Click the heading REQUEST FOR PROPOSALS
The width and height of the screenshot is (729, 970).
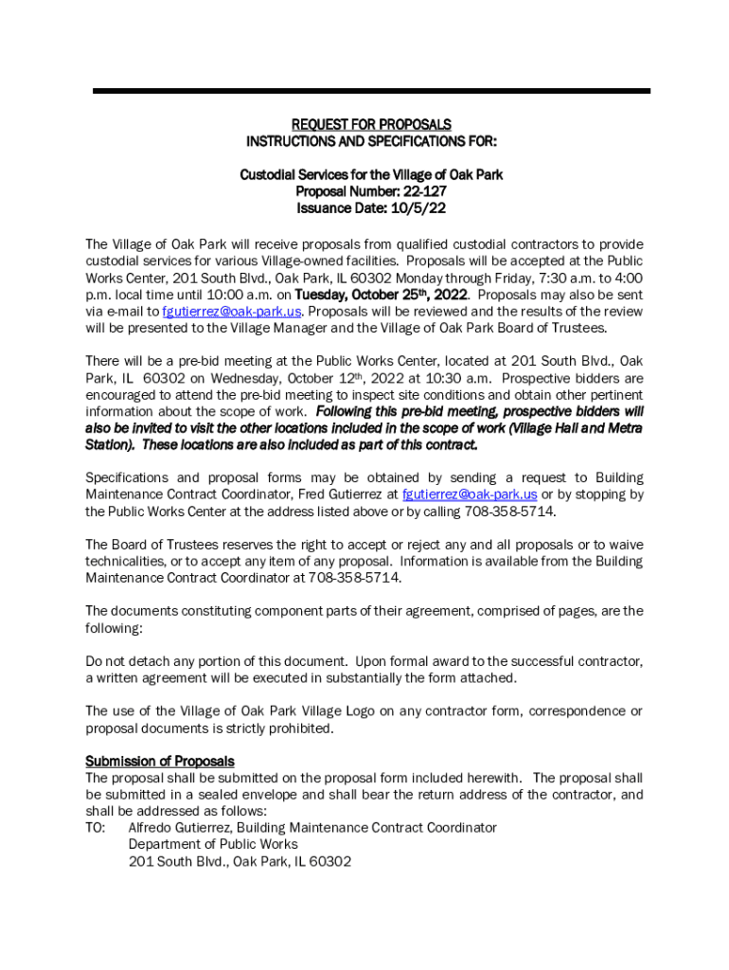pyautogui.click(x=370, y=124)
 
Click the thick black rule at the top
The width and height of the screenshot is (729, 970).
pyautogui.click(x=370, y=91)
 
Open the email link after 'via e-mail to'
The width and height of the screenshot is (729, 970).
pyautogui.click(x=232, y=312)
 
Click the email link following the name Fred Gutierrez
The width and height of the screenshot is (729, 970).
pyautogui.click(x=470, y=494)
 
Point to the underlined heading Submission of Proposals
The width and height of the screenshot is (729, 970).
pyautogui.click(x=160, y=761)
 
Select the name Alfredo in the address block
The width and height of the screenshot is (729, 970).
pyautogui.click(x=151, y=828)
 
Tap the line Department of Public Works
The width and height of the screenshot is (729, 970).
pyautogui.click(x=213, y=844)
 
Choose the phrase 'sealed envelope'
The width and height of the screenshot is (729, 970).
pyautogui.click(x=247, y=795)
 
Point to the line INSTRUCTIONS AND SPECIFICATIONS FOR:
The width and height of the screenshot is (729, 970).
pyautogui.click(x=370, y=141)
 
